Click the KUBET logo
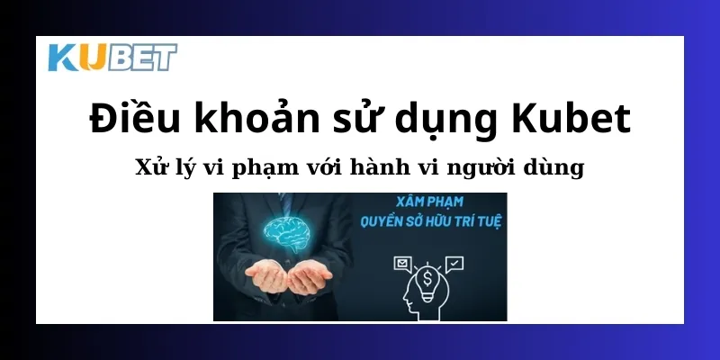[x=112, y=58]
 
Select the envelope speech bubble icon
[x=401, y=264]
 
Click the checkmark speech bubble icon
[x=454, y=263]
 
